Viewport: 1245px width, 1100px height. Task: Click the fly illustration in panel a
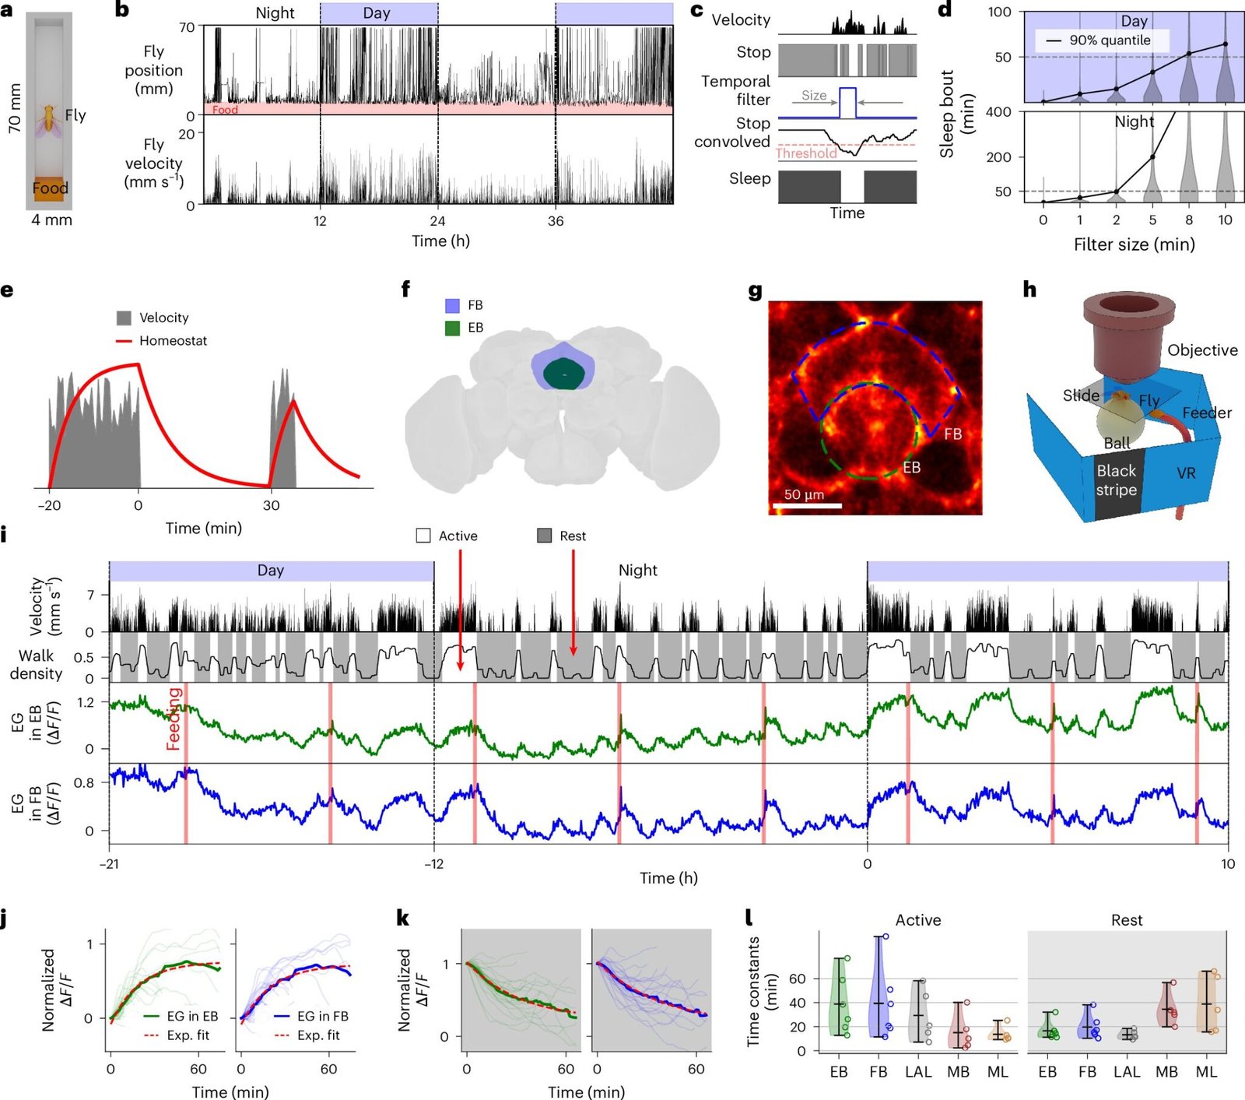point(48,119)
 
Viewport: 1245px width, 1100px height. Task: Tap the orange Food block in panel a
point(49,189)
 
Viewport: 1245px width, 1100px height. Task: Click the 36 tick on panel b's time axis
point(556,221)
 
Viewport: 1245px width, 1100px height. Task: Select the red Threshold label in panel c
point(806,153)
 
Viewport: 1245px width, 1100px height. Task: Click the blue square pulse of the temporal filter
point(847,103)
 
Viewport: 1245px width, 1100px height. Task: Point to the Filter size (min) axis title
point(1134,244)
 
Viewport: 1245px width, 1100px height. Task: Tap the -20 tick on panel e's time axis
point(49,505)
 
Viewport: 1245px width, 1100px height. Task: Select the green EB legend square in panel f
point(452,328)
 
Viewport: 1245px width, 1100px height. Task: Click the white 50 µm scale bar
point(807,506)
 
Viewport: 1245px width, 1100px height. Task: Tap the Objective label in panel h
point(1202,350)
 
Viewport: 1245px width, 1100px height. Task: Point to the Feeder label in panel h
point(1207,413)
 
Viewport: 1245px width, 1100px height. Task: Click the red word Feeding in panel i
point(174,718)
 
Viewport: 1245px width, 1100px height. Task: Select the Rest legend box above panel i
point(545,536)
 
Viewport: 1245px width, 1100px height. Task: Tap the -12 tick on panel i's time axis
point(434,863)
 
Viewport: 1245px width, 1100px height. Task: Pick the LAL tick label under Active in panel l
point(918,1072)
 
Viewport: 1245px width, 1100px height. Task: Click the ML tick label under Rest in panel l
point(1206,1072)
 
